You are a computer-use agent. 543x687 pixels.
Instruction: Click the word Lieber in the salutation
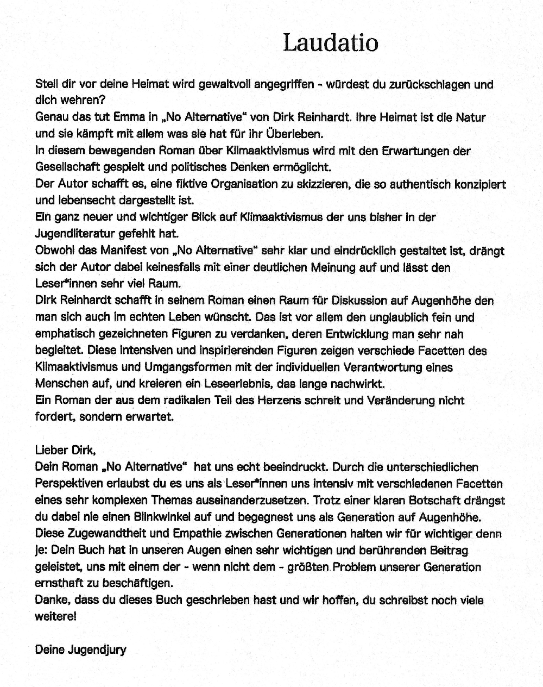click(52, 450)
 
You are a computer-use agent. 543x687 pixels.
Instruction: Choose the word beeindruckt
click(295, 467)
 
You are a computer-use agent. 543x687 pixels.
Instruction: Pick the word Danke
click(52, 601)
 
